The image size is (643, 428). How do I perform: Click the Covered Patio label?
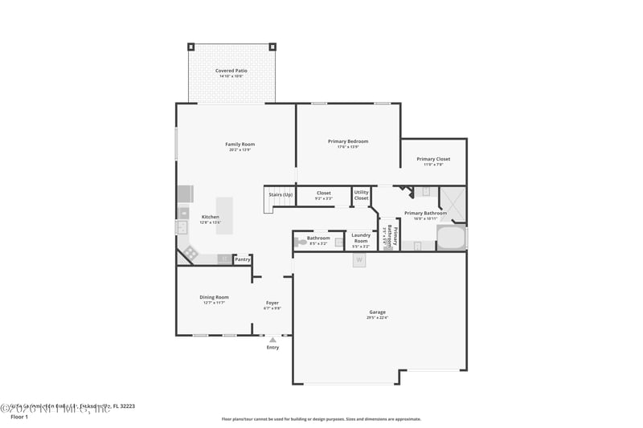pyautogui.click(x=231, y=71)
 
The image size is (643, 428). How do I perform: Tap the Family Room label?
pyautogui.click(x=240, y=145)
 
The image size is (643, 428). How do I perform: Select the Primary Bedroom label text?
pyautogui.click(x=348, y=141)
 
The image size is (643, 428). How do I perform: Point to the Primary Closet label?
pyautogui.click(x=433, y=159)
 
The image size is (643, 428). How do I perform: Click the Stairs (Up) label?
pyautogui.click(x=280, y=194)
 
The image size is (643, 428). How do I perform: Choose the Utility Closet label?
pyautogui.click(x=362, y=195)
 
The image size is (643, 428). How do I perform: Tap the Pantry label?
pyautogui.click(x=243, y=259)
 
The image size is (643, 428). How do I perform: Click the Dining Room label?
pyautogui.click(x=214, y=297)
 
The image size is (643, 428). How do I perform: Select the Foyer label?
pyautogui.click(x=272, y=303)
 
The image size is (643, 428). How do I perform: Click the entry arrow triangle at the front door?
pyautogui.click(x=272, y=340)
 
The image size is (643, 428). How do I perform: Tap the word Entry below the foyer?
pyautogui.click(x=272, y=348)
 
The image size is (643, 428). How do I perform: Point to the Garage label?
pyautogui.click(x=377, y=312)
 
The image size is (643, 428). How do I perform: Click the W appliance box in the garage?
pyautogui.click(x=358, y=260)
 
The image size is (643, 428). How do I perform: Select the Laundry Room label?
pyautogui.click(x=361, y=238)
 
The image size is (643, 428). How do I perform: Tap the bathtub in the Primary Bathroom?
pyautogui.click(x=451, y=238)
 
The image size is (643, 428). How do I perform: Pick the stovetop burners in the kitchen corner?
pyautogui.click(x=190, y=253)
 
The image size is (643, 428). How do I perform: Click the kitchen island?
pyautogui.click(x=224, y=215)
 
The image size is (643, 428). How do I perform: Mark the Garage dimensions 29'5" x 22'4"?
pyautogui.click(x=377, y=318)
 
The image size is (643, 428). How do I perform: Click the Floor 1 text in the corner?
pyautogui.click(x=18, y=418)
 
